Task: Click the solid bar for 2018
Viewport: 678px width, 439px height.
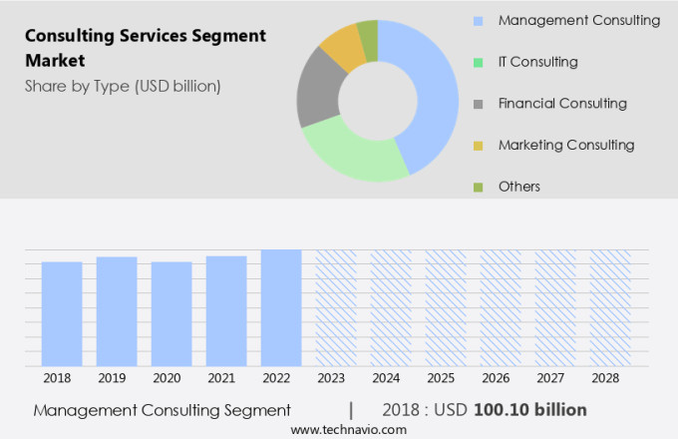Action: tap(62, 313)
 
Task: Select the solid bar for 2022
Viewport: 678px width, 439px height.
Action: tap(281, 307)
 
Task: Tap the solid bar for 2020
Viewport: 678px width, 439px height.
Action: tap(171, 313)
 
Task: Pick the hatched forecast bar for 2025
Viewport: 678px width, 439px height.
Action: tap(446, 307)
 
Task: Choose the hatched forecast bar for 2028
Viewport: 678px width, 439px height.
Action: tap(609, 307)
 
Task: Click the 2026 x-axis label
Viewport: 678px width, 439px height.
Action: tap(501, 378)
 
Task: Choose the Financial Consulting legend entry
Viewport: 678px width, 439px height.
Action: tap(562, 103)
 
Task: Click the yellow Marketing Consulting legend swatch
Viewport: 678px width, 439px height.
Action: tap(479, 146)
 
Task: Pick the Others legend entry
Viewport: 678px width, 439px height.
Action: tap(518, 187)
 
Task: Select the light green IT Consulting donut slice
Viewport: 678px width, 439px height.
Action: tap(349, 155)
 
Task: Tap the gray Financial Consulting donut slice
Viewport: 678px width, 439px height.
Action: tap(318, 88)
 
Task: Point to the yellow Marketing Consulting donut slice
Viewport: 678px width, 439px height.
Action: tap(344, 44)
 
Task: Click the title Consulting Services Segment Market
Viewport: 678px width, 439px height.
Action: tap(146, 48)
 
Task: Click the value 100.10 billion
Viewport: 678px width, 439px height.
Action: tap(529, 410)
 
